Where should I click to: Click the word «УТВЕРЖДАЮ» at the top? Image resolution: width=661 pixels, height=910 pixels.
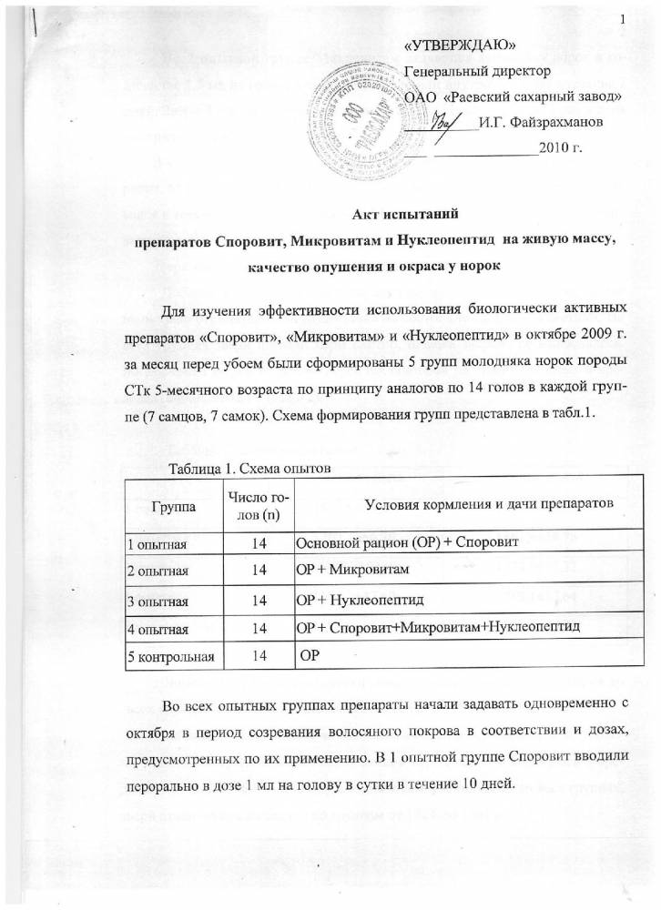coord(462,45)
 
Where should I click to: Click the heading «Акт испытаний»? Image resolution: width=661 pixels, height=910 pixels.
coord(396,216)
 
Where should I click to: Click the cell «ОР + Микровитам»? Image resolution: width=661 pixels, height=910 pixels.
coord(351,570)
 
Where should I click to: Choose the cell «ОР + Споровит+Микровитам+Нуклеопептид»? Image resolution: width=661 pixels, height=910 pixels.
coord(437,629)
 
